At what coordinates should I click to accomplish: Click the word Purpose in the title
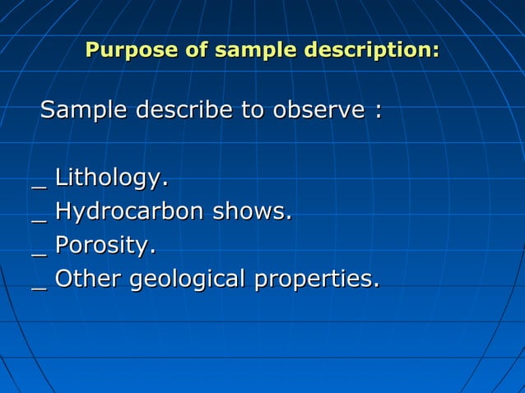click(132, 50)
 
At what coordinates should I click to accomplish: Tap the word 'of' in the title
click(197, 50)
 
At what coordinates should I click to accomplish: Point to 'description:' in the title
click(372, 51)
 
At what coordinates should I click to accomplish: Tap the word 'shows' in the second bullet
click(250, 211)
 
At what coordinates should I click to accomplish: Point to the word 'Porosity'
click(104, 246)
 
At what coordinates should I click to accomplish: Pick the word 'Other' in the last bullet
click(88, 279)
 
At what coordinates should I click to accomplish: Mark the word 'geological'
click(188, 280)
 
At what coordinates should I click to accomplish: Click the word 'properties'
click(314, 280)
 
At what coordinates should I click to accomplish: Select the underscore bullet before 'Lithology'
click(38, 186)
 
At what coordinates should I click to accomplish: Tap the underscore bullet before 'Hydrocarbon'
click(38, 220)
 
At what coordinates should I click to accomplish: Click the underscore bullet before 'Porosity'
click(38, 253)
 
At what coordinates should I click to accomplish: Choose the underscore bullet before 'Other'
click(38, 287)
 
